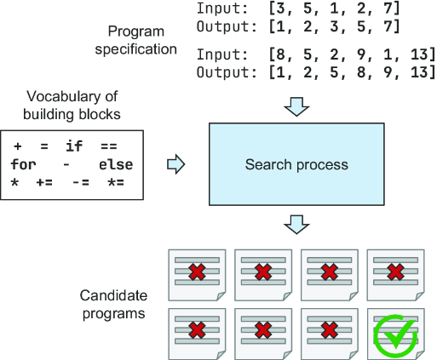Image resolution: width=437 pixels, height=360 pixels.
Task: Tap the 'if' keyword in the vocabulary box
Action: (x=74, y=146)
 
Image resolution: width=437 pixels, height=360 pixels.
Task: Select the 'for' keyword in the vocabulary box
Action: (x=24, y=164)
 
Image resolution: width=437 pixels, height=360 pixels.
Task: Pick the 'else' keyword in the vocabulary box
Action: (x=116, y=165)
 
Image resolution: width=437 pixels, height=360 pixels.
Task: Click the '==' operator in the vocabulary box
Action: (x=109, y=146)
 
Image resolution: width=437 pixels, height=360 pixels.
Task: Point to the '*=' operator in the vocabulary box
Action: (x=116, y=182)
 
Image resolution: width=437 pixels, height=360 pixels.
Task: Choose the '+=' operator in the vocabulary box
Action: (x=44, y=182)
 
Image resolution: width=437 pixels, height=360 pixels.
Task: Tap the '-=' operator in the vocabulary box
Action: (x=81, y=182)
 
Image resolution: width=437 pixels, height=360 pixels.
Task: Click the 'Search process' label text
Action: (x=296, y=164)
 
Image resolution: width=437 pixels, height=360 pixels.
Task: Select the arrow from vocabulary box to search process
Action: (x=176, y=164)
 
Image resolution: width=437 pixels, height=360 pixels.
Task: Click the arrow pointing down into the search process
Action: (x=296, y=107)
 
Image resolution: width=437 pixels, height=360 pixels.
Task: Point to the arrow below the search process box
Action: (x=296, y=225)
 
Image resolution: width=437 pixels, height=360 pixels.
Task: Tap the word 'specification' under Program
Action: (x=136, y=49)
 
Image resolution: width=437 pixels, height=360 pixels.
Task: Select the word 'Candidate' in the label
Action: (x=113, y=295)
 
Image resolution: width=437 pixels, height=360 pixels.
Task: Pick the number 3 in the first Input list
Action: (x=280, y=9)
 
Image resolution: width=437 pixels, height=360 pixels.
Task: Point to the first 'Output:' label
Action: (x=227, y=26)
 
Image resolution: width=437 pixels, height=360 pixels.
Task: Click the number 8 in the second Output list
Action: (x=361, y=72)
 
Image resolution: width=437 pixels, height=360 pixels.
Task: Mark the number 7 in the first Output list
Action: (x=388, y=26)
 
